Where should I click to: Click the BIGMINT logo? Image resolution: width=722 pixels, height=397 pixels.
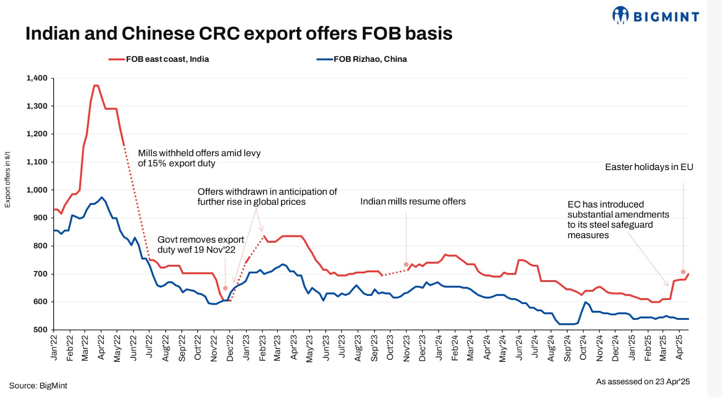pyautogui.click(x=656, y=16)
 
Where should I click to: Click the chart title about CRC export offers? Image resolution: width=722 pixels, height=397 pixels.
pyautogui.click(x=239, y=33)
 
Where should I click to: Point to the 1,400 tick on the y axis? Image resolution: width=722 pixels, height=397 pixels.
pyautogui.click(x=37, y=78)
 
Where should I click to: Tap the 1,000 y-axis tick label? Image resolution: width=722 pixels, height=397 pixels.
pyautogui.click(x=37, y=190)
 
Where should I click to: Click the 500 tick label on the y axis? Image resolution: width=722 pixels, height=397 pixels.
pyautogui.click(x=40, y=330)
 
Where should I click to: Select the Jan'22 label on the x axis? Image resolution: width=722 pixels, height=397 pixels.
pyautogui.click(x=54, y=347)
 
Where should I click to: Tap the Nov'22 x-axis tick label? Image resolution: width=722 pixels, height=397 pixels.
pyautogui.click(x=214, y=348)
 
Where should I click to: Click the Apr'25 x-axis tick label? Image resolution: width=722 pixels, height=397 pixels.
pyautogui.click(x=679, y=347)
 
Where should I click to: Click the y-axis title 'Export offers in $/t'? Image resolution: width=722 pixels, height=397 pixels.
pyautogui.click(x=7, y=180)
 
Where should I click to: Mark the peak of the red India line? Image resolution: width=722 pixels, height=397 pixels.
pyautogui.click(x=96, y=85)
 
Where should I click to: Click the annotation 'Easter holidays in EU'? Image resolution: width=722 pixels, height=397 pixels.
pyautogui.click(x=649, y=167)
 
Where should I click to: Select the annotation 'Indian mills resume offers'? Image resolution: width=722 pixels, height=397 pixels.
pyautogui.click(x=413, y=202)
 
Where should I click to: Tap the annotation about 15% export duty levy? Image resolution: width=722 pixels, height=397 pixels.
pyautogui.click(x=199, y=158)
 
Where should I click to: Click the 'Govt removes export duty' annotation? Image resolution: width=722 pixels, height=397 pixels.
pyautogui.click(x=200, y=245)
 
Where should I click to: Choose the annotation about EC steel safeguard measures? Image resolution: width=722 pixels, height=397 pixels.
pyautogui.click(x=618, y=220)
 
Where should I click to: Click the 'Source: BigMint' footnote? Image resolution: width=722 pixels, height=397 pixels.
pyautogui.click(x=38, y=386)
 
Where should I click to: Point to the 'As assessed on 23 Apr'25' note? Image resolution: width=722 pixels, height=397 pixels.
pyautogui.click(x=643, y=382)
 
